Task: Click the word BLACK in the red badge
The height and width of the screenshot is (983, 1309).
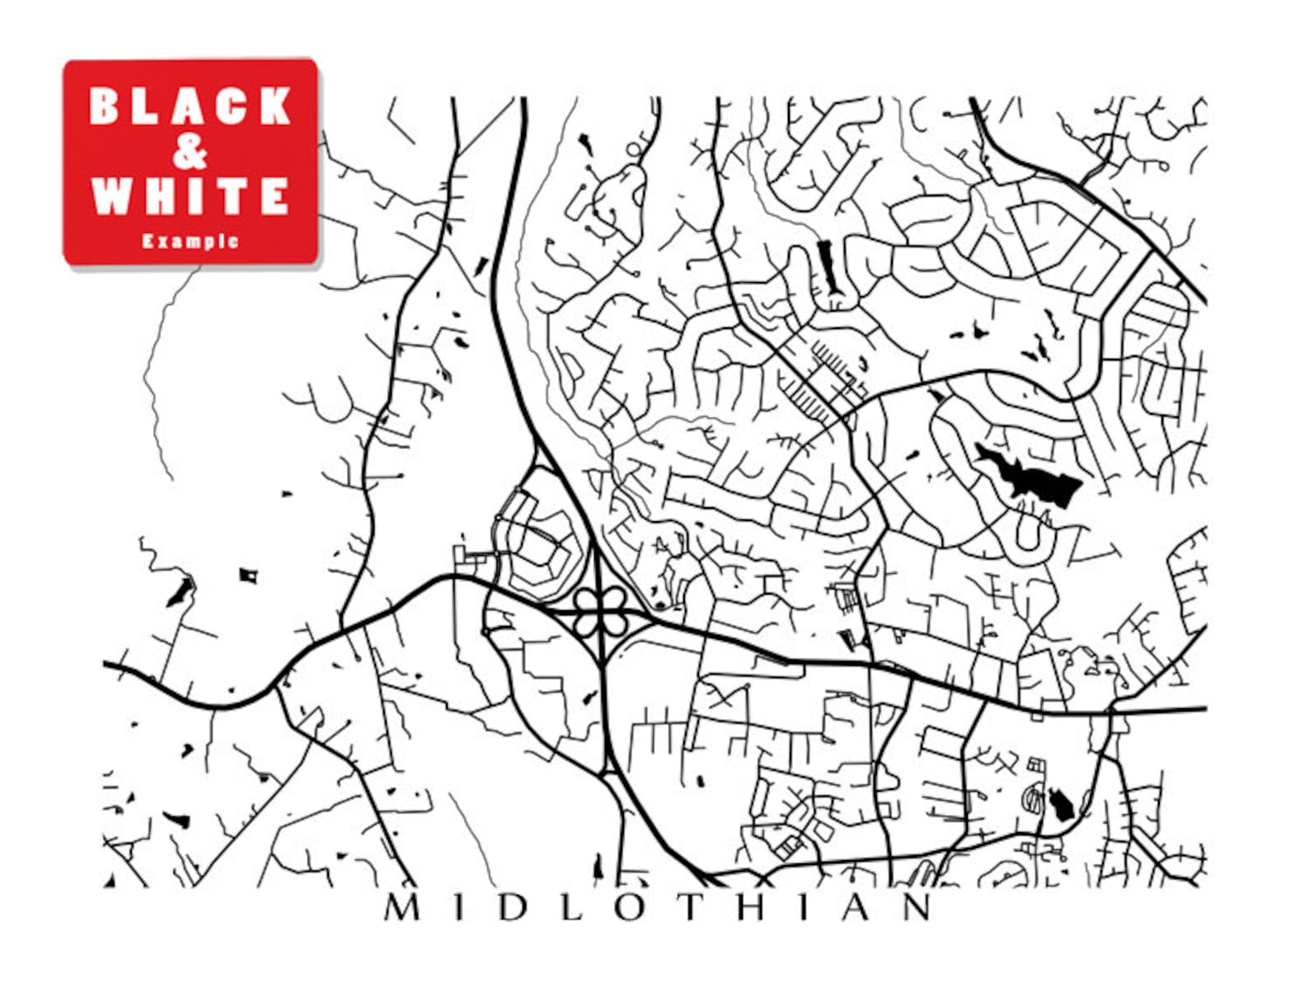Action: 190,106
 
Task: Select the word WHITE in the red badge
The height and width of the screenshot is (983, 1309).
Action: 190,196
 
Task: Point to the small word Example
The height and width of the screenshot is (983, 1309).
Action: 190,242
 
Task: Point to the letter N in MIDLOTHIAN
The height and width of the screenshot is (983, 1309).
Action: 916,908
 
